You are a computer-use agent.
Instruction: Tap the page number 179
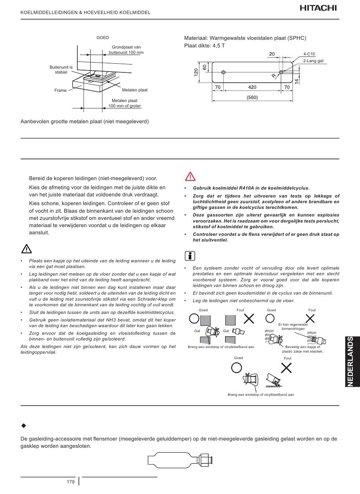70,482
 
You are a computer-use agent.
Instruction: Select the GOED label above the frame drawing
103,38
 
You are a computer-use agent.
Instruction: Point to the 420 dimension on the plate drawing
252,87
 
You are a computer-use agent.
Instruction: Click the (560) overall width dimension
252,97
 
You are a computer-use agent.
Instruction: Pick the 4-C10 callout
309,54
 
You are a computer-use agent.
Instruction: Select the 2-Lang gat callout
313,61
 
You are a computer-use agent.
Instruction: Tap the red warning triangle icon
190,176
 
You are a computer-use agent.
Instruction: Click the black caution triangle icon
26,249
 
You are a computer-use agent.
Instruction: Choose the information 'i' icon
190,256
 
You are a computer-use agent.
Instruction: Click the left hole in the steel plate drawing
224,72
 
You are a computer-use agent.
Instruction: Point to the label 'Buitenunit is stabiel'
61,69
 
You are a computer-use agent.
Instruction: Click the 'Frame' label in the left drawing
60,90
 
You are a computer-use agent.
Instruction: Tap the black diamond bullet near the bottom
23,426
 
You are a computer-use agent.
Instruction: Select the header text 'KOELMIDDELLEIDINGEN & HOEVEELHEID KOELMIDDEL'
85,13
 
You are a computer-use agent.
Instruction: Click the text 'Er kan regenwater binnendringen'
293,326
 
